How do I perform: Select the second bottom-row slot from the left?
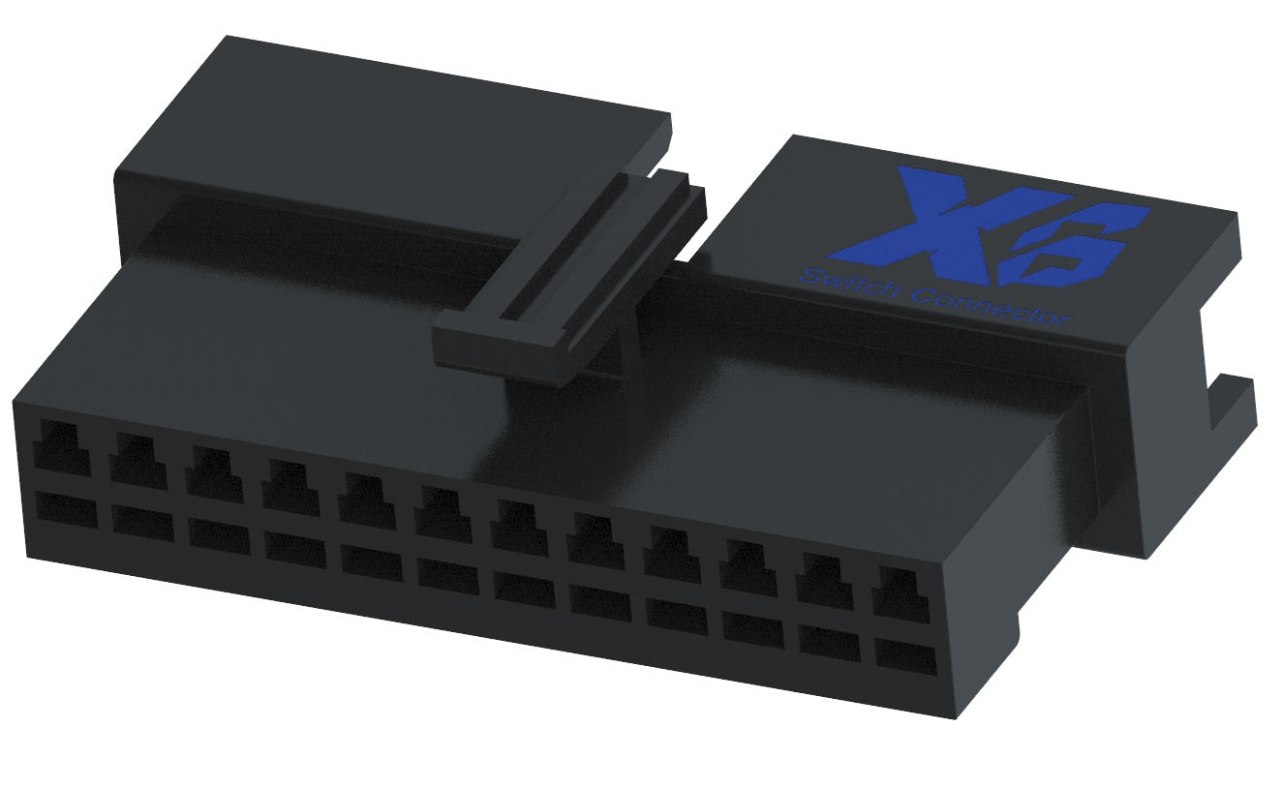click(x=142, y=522)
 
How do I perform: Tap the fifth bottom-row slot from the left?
click(x=371, y=563)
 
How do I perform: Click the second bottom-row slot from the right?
click(x=830, y=643)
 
